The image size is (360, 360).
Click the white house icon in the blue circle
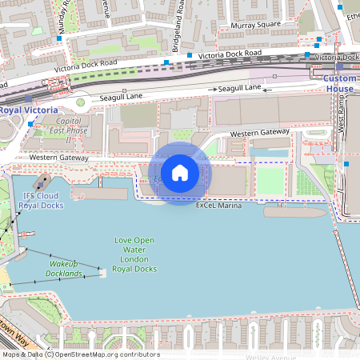[x=180, y=173]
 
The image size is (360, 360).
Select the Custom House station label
[x=339, y=84]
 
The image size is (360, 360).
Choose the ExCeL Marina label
[x=218, y=206]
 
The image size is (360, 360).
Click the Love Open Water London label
[x=133, y=254]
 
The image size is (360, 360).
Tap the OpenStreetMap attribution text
[x=80, y=354]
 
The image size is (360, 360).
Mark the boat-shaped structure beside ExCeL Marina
[x=296, y=212]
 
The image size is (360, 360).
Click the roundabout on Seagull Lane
[x=79, y=102]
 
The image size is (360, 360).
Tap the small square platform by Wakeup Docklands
[x=102, y=273]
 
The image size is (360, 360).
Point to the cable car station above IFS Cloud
[x=41, y=182]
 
